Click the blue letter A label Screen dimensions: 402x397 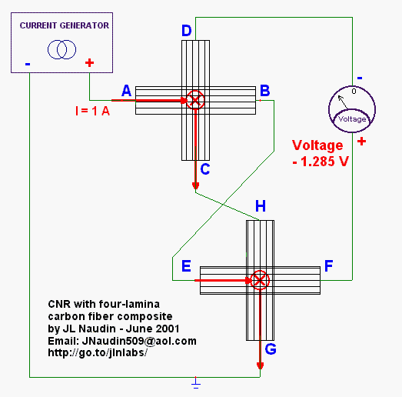point(126,91)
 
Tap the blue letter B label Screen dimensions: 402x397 point(265,91)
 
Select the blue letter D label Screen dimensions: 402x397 point(186,31)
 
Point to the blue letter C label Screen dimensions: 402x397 point(205,169)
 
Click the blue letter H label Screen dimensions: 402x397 point(261,206)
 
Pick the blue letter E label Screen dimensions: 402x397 point(186,266)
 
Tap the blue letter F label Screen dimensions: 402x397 point(329,265)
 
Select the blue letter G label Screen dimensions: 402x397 point(271,349)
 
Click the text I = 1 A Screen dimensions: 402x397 point(92,111)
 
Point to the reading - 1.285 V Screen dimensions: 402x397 point(321,162)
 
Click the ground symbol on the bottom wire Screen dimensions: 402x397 point(196,383)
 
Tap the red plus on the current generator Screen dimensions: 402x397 point(89,63)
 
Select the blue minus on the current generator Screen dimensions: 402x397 point(28,64)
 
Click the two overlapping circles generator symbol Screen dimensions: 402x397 point(61,49)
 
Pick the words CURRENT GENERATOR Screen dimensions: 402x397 point(65,25)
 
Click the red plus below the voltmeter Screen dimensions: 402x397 point(361,142)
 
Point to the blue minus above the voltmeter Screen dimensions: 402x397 point(360,78)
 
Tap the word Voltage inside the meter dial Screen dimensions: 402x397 point(352,118)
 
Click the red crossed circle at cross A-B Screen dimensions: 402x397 point(195,100)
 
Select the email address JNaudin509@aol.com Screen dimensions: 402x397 point(139,341)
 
